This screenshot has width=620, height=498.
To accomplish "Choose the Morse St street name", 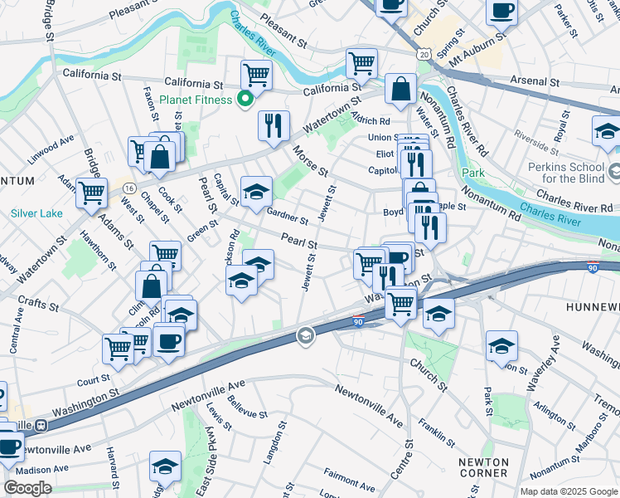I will click(310, 161).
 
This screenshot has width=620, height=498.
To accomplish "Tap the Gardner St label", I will click(288, 217).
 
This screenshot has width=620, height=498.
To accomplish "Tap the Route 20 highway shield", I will click(424, 52).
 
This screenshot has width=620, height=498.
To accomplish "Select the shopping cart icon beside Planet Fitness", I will click(256, 75).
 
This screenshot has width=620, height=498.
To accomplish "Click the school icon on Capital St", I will click(256, 191).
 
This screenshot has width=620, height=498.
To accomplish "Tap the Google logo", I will click(27, 488).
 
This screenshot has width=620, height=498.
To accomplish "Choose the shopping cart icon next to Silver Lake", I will click(90, 192).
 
